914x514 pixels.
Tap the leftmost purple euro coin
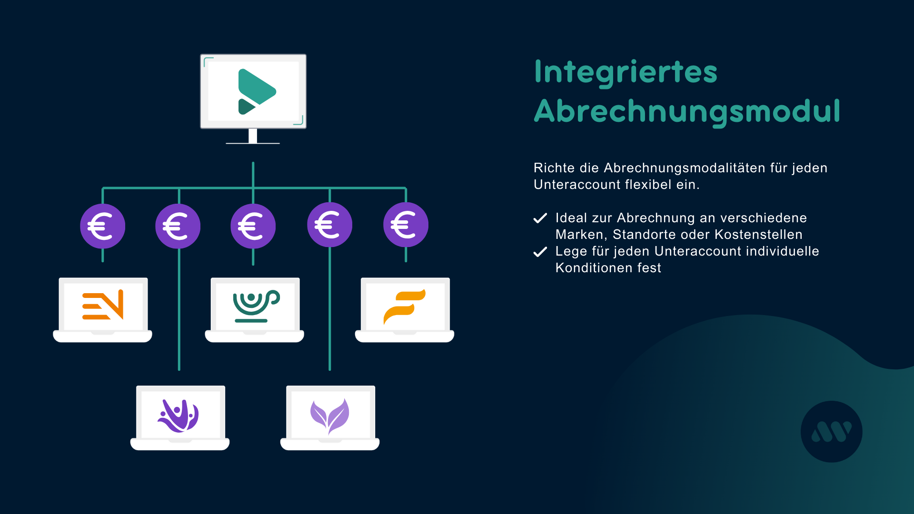coord(102,226)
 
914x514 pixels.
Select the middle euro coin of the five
coord(253,226)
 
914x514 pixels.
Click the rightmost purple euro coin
coord(406,225)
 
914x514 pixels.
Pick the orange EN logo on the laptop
coord(103,305)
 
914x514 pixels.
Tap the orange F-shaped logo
coord(404,306)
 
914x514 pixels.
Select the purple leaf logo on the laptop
coord(329,415)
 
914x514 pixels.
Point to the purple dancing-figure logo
coord(178,415)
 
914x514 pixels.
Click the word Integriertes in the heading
coord(626,72)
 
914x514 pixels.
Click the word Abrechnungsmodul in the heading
coord(687,112)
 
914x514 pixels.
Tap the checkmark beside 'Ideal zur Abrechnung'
coord(540,218)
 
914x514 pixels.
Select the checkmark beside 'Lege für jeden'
coord(540,252)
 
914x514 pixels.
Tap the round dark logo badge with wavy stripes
coord(831,432)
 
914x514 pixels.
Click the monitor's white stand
coord(253,136)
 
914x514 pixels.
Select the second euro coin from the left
coord(178,226)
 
